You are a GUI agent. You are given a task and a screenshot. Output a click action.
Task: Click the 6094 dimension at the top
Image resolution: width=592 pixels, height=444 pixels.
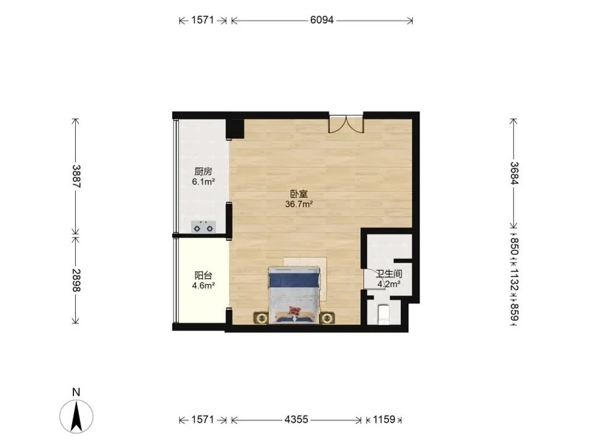(322, 20)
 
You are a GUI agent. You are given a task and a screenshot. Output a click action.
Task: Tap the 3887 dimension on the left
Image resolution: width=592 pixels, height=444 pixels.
(76, 176)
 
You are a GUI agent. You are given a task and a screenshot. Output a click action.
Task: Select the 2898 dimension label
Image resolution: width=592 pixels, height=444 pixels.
(76, 280)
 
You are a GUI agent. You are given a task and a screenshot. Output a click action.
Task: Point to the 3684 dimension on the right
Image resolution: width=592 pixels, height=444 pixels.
(514, 173)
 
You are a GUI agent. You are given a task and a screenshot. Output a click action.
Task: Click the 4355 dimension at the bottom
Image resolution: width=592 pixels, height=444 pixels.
(296, 419)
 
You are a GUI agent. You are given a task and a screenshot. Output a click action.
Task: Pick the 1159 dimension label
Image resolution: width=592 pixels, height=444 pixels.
(384, 419)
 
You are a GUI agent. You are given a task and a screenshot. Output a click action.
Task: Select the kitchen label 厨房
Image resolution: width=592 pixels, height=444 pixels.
(203, 172)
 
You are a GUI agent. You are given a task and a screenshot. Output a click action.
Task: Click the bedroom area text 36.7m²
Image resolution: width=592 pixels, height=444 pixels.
(299, 204)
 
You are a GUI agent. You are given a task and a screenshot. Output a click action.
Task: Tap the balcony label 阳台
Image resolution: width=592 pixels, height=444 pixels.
(203, 276)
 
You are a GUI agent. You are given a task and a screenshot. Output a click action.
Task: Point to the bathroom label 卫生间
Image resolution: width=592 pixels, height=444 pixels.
(389, 274)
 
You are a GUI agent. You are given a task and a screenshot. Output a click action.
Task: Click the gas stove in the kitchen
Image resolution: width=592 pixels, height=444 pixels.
(203, 228)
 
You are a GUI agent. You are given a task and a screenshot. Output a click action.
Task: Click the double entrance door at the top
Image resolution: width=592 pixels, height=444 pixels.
(346, 123)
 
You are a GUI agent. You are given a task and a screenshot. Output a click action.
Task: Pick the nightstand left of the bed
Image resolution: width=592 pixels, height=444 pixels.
(260, 318)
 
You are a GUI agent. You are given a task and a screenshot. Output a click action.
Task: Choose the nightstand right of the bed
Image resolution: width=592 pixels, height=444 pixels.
(327, 318)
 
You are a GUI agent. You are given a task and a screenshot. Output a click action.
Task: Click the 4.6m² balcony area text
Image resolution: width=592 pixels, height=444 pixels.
(203, 286)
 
